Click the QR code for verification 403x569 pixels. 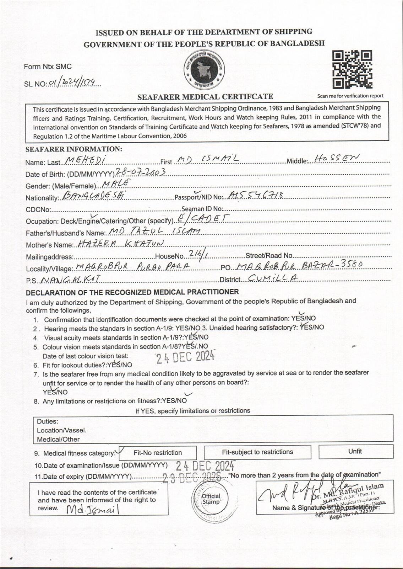tap(352, 69)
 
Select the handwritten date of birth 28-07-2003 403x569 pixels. tap(141, 172)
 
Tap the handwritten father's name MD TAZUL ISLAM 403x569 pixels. tap(155, 232)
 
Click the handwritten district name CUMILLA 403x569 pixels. tap(273, 279)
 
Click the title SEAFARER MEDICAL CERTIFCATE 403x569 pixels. tap(205, 96)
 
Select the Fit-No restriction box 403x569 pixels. tap(158, 453)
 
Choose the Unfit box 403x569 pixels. tap(355, 451)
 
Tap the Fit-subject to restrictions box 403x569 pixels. tap(257, 452)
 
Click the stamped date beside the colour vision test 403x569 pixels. tap(186, 357)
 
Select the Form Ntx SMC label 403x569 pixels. tap(48, 67)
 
